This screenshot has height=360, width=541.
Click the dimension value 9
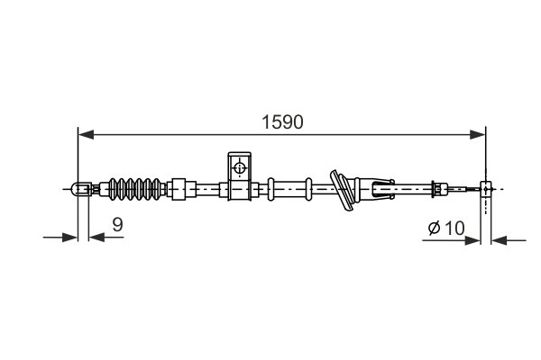click(117, 225)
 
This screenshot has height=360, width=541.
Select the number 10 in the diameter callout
click(453, 229)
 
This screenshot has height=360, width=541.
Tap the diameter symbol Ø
click(433, 229)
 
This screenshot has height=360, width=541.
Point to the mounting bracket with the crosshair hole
click(238, 175)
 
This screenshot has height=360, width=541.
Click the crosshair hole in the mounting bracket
click(239, 167)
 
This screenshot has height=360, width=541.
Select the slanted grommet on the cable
click(343, 190)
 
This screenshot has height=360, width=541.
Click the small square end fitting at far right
click(487, 189)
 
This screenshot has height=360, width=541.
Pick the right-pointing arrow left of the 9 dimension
click(71, 238)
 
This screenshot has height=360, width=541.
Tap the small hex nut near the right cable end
click(438, 189)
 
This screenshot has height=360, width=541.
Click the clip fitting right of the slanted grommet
click(378, 189)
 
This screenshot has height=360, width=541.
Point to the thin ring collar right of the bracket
click(270, 189)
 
